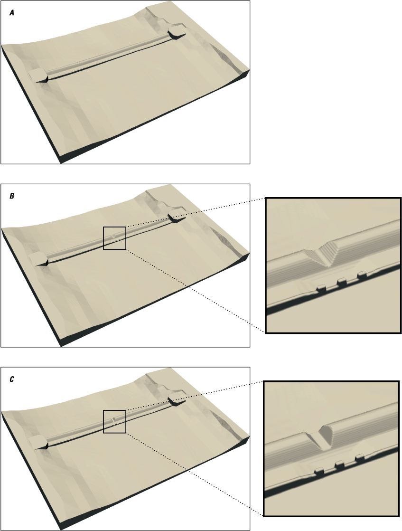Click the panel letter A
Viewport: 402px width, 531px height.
12,13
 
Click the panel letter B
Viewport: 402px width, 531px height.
12,196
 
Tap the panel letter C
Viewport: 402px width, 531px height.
12,379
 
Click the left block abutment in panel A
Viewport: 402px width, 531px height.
38,76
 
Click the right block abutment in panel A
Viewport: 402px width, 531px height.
176,32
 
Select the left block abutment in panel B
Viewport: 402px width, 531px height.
38,259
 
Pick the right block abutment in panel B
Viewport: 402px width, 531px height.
176,216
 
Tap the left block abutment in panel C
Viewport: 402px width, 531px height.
38,442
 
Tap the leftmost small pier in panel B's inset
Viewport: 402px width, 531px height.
320,288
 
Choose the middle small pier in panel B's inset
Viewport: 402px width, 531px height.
341,281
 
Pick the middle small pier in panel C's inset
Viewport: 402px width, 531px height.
339,465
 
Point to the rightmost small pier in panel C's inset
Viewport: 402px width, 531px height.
360,458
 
